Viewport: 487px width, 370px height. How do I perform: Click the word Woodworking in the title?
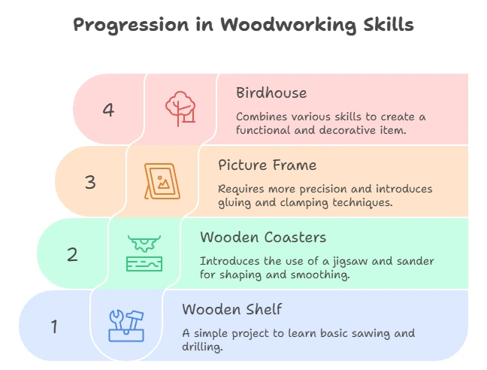288,25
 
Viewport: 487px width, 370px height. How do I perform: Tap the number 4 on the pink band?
108,110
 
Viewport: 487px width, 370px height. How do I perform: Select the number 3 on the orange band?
90,182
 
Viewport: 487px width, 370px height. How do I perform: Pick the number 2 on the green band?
72,254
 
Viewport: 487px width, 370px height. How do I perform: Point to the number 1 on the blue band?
54,327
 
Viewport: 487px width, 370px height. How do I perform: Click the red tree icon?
180,109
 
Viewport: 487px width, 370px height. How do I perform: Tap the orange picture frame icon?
162,181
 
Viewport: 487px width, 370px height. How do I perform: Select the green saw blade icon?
144,253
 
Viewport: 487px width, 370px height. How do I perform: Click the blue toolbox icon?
126,326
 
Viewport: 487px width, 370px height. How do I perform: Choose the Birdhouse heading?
271,93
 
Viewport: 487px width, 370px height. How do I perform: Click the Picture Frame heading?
268,165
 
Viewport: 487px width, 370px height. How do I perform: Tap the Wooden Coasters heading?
263,238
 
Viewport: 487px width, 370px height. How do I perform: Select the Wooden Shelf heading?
232,309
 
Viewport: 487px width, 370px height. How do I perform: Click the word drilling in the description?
202,347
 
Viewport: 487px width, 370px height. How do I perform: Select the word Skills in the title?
389,24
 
